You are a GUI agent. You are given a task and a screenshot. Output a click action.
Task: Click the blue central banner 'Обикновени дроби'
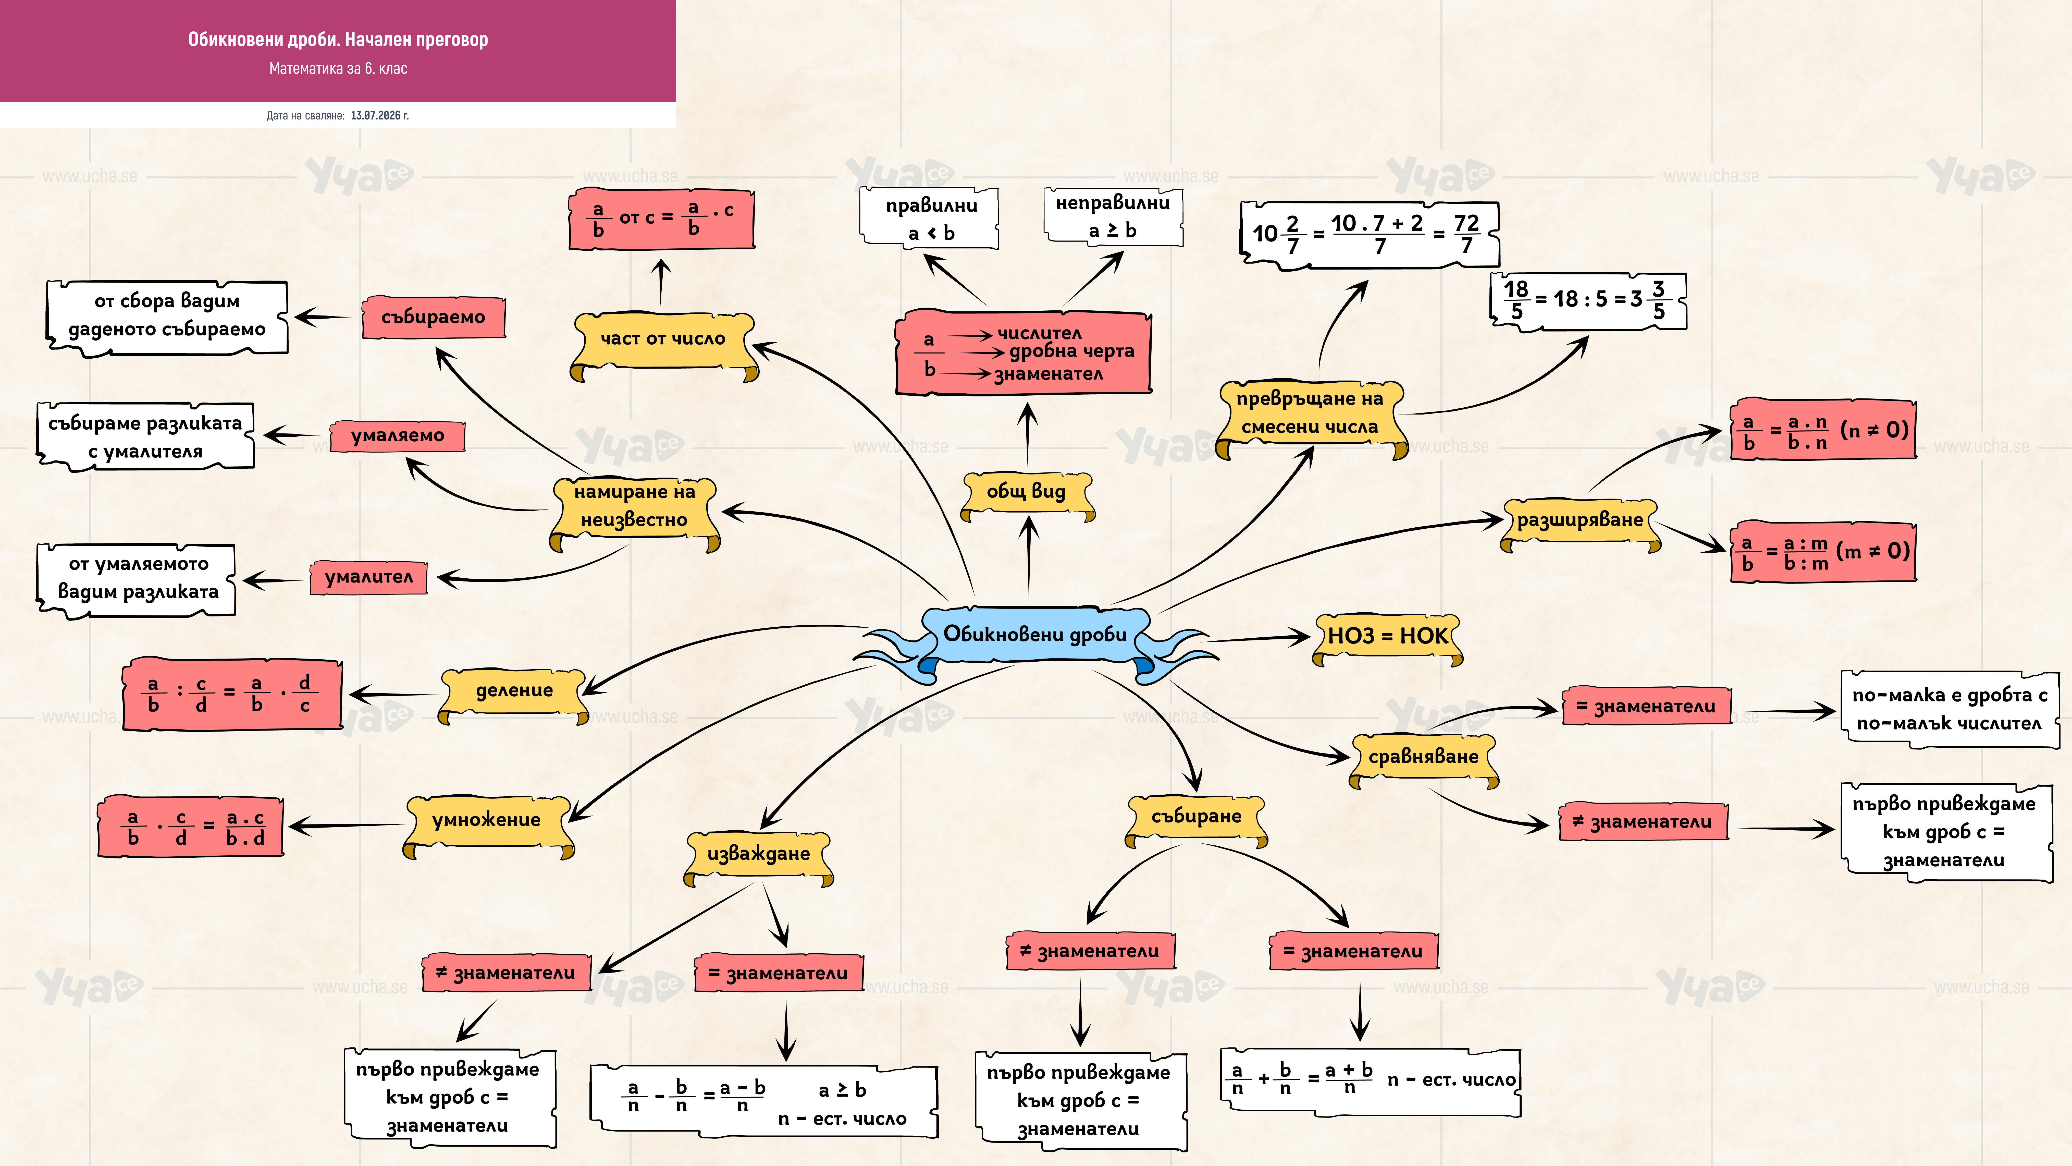(x=1036, y=636)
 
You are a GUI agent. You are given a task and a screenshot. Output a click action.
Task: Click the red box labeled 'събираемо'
(x=434, y=317)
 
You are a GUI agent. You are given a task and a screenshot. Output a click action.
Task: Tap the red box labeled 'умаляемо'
(x=397, y=435)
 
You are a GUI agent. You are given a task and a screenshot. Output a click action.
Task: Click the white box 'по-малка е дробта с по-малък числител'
(x=1950, y=709)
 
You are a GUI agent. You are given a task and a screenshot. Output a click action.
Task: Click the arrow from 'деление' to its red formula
(x=394, y=694)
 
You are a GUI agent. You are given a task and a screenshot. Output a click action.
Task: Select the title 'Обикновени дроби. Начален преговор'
(x=338, y=39)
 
